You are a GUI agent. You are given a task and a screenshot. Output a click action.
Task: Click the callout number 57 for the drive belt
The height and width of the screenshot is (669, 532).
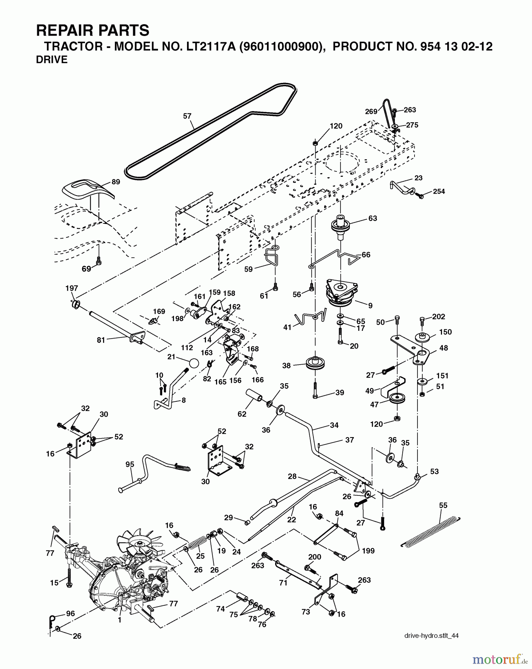coord(187,116)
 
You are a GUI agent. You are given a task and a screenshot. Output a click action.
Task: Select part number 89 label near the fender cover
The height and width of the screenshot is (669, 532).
coord(116,182)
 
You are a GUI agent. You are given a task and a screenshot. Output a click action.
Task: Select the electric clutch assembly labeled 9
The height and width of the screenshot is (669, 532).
coord(342,292)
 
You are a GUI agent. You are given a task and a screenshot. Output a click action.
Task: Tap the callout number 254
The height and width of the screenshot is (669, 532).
coord(439,191)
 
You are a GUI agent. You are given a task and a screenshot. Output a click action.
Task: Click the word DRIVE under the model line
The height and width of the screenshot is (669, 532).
coord(52,60)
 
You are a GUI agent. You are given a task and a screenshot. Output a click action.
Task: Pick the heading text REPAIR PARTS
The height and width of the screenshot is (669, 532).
coord(93,30)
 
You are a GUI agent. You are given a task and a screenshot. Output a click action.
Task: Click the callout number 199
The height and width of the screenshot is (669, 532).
coord(368,550)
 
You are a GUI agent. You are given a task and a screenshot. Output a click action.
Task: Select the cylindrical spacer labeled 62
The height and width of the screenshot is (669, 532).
coord(254,396)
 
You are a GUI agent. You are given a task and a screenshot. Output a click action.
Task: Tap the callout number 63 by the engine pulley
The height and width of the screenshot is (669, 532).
coord(373,219)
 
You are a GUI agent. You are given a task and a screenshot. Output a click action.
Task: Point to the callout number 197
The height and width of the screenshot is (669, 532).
coord(72,288)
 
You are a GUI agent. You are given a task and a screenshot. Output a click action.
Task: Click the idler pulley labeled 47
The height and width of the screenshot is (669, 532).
coord(397,398)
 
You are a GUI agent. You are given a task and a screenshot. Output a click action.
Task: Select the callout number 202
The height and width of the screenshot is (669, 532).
coord(439,317)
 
